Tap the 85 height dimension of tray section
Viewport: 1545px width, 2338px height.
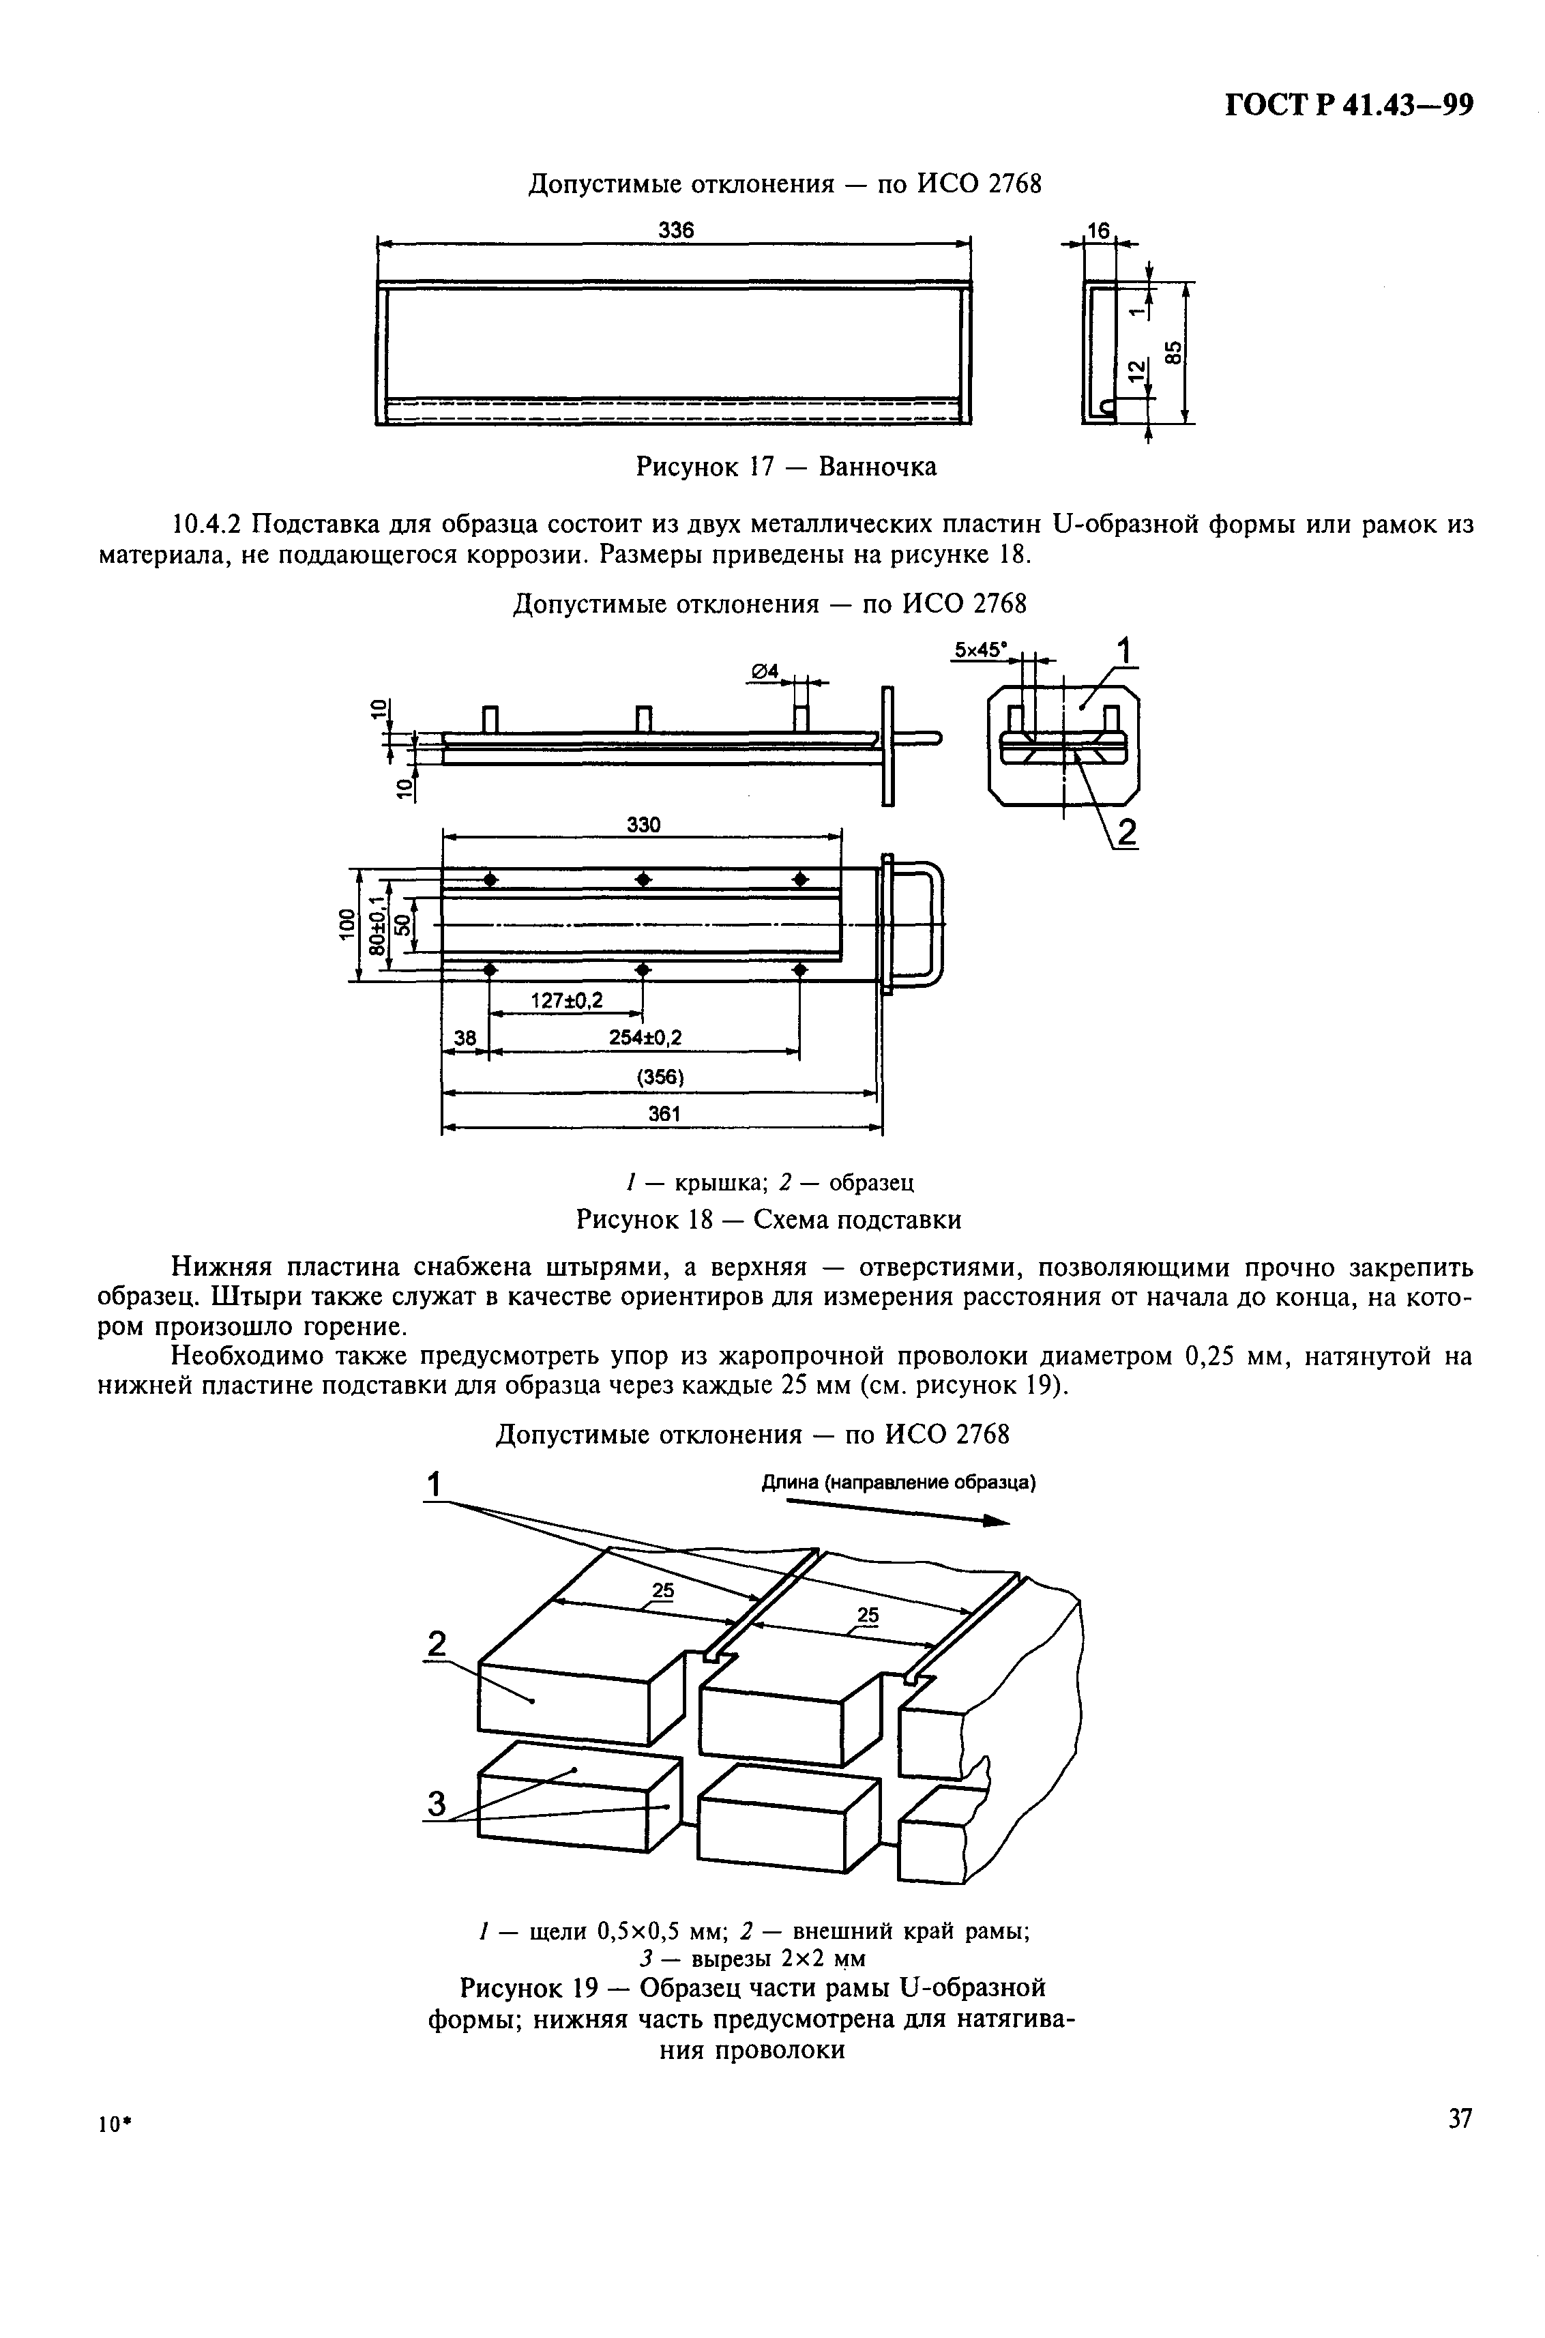pos(1173,352)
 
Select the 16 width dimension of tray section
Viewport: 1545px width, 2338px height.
pos(1097,231)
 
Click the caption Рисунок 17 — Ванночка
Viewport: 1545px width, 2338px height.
pos(785,466)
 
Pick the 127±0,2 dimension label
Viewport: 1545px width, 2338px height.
pos(567,1001)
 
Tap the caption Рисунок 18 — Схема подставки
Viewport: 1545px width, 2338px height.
pos(767,1220)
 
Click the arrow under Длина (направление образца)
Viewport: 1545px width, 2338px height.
pos(897,1513)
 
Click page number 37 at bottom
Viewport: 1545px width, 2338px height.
pos(1459,2118)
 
